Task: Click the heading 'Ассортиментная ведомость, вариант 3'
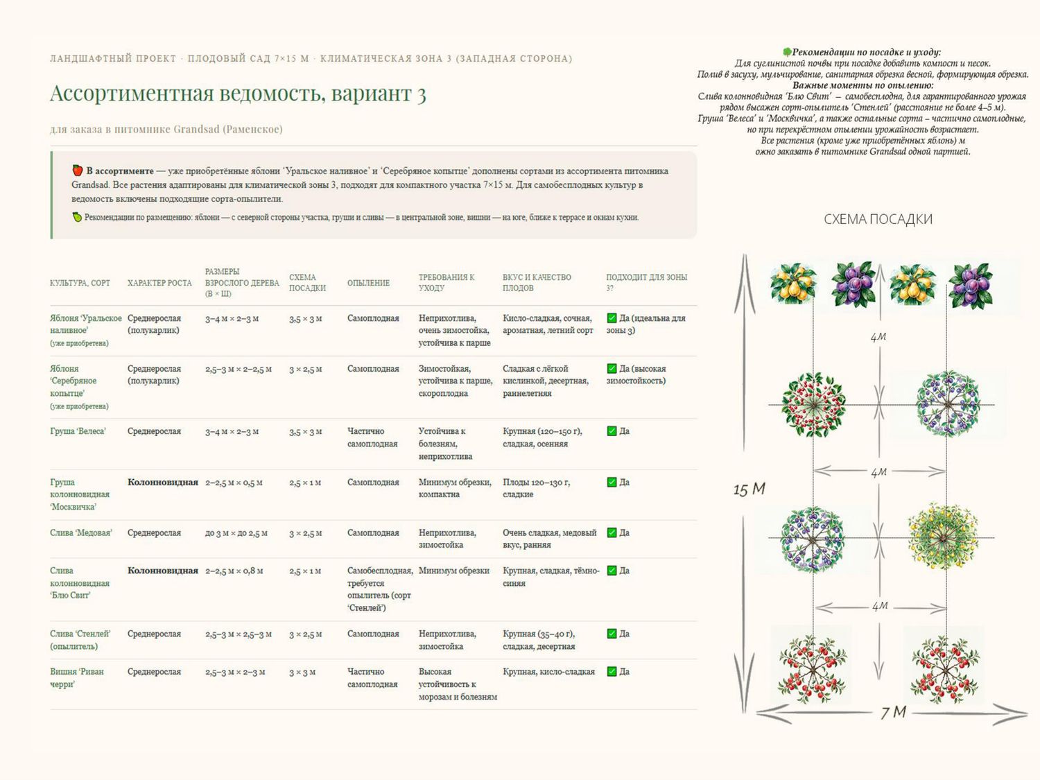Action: (238, 94)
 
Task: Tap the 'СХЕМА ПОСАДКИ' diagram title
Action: (878, 219)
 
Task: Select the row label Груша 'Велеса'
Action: (78, 431)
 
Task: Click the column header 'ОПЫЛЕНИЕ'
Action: (368, 283)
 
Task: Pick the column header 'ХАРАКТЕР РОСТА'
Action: (159, 283)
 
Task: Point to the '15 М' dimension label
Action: (749, 489)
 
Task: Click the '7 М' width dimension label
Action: (893, 712)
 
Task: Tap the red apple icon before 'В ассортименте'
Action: (77, 171)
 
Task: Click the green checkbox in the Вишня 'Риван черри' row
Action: (612, 672)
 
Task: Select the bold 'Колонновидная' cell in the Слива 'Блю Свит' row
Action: (162, 571)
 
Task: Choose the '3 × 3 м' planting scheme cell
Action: (302, 672)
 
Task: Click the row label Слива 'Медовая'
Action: (81, 532)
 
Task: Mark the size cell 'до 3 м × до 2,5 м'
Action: (236, 533)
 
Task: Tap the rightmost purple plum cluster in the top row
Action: (970, 286)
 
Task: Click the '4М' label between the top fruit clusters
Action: (878, 337)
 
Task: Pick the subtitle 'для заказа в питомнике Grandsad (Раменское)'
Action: (166, 129)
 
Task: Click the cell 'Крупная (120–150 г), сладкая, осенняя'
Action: (542, 437)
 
